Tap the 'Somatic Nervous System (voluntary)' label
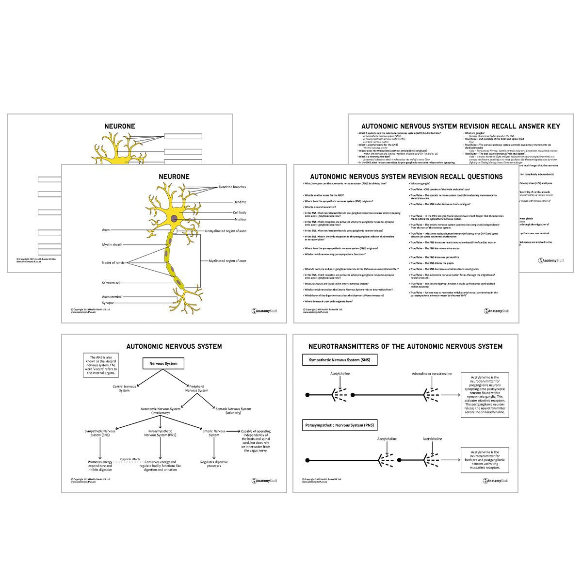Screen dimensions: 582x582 coord(233,411)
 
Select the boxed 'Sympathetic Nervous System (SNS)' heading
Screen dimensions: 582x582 coord(339,360)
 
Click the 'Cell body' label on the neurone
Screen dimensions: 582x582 coord(239,212)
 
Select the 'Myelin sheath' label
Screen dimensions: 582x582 coord(112,244)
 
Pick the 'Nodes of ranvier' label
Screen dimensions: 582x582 coord(114,262)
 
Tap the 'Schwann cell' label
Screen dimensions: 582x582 coord(111,283)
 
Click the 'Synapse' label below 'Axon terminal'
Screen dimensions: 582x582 coord(108,303)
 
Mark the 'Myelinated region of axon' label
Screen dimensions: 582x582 coord(227,260)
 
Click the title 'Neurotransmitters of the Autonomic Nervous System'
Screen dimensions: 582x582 coord(405,346)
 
